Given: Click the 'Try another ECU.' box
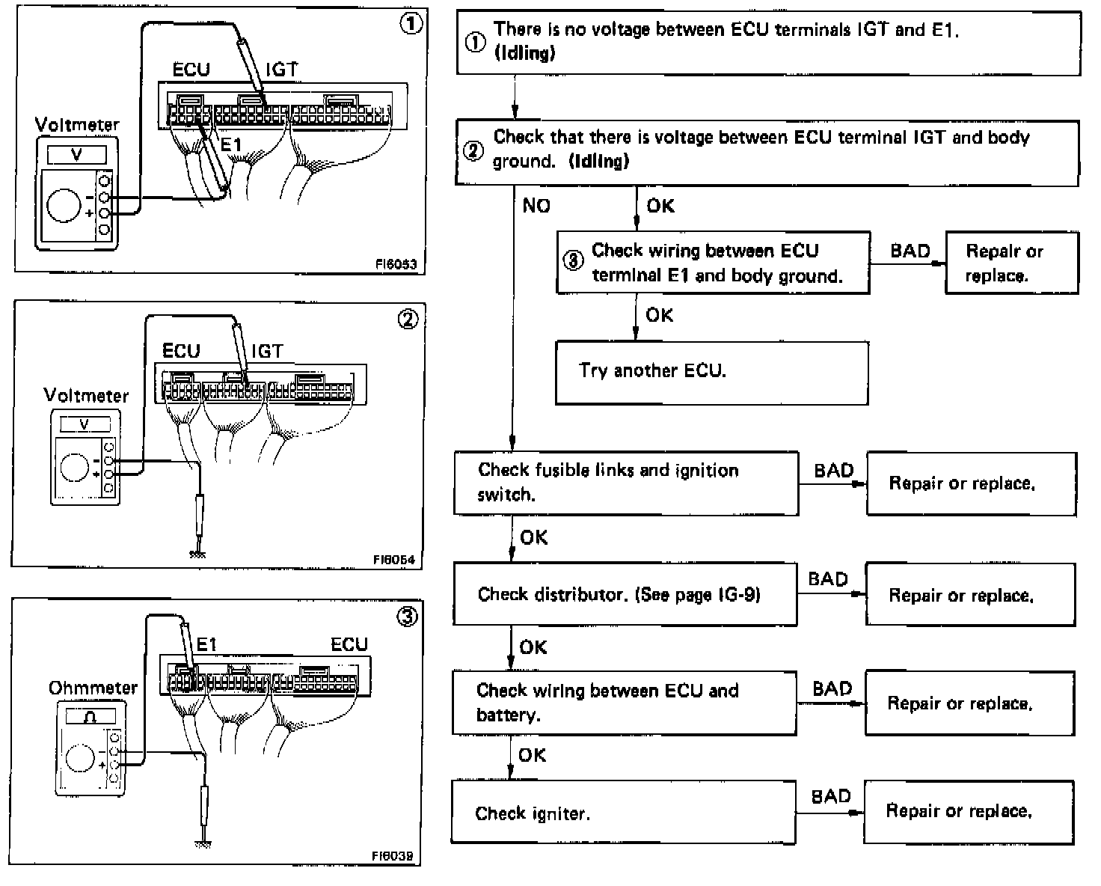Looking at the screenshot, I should pos(711,372).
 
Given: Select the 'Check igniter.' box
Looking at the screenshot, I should pos(623,813).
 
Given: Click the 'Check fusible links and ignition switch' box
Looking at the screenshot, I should pos(626,483).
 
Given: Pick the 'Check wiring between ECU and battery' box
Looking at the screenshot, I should pos(624,703).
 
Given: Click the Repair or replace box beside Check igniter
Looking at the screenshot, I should pos(969,812).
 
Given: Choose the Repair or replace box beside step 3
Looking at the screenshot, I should pos(1011,263).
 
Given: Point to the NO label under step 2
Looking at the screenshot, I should pos(536,206).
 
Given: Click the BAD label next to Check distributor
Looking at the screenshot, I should pos(828,579).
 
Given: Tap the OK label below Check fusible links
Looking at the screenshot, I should pos(533,537).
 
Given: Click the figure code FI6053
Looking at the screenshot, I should pos(396,264).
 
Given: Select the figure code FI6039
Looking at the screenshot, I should pos(392,856).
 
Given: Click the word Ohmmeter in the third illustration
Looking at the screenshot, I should pos(93,688).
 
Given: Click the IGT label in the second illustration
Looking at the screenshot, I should pos(267,351).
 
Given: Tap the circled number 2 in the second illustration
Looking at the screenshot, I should pos(408,320).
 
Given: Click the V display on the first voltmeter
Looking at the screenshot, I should pos(76,155).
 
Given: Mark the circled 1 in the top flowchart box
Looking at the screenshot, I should pos(475,43).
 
